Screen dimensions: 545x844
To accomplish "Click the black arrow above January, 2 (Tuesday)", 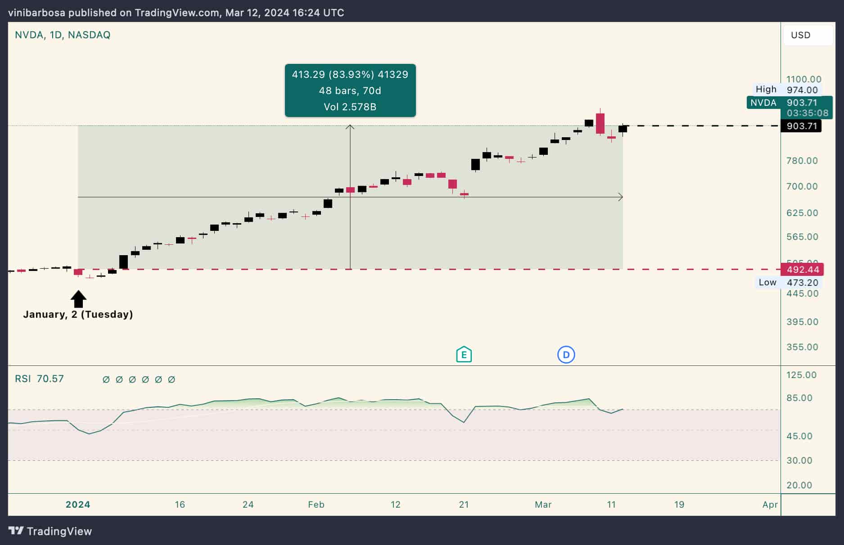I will click(x=78, y=299).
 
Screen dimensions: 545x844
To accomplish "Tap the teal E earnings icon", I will click(x=464, y=355).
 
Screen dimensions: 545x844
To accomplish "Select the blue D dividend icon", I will click(x=566, y=355).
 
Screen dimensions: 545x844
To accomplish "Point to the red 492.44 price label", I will click(x=803, y=270).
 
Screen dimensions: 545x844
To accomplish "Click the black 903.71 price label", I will click(x=801, y=126).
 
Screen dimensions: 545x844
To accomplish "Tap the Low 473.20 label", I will click(x=788, y=283).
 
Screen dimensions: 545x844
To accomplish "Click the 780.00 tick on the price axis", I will click(x=802, y=161).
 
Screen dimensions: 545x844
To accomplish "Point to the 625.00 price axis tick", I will click(x=802, y=213).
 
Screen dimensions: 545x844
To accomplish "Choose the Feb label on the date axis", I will click(x=316, y=504).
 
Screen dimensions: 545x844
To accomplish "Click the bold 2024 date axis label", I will click(x=78, y=504).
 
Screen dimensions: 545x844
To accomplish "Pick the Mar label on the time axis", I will click(x=543, y=504).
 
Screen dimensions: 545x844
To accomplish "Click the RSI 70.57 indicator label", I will click(x=39, y=379).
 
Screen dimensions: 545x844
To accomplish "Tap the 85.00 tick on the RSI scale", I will click(x=799, y=398).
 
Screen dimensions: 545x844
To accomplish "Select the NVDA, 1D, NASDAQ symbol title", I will click(x=63, y=35).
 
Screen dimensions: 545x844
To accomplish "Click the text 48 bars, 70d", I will click(x=350, y=91).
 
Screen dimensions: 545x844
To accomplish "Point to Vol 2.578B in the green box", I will click(x=350, y=107).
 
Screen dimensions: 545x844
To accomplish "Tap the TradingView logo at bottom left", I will click(x=50, y=531).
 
